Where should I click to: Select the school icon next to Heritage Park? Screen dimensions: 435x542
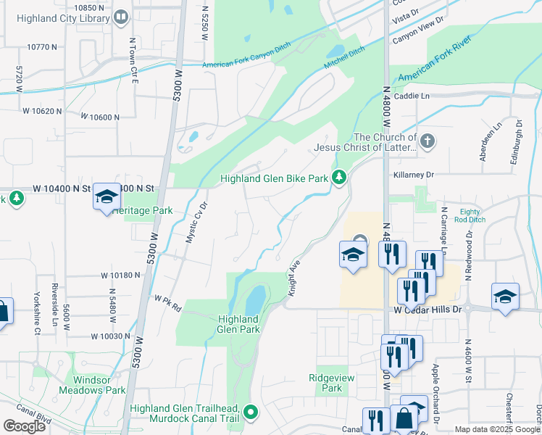[107, 196]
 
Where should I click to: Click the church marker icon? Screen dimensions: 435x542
[428, 141]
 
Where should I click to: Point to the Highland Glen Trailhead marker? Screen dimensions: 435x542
[251, 413]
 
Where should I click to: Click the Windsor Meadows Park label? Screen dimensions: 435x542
[99, 385]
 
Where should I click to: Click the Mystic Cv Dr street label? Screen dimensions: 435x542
[194, 221]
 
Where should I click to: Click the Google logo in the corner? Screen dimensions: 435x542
[24, 426]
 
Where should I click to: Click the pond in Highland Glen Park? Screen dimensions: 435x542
[255, 298]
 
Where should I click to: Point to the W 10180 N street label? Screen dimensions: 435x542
[120, 275]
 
